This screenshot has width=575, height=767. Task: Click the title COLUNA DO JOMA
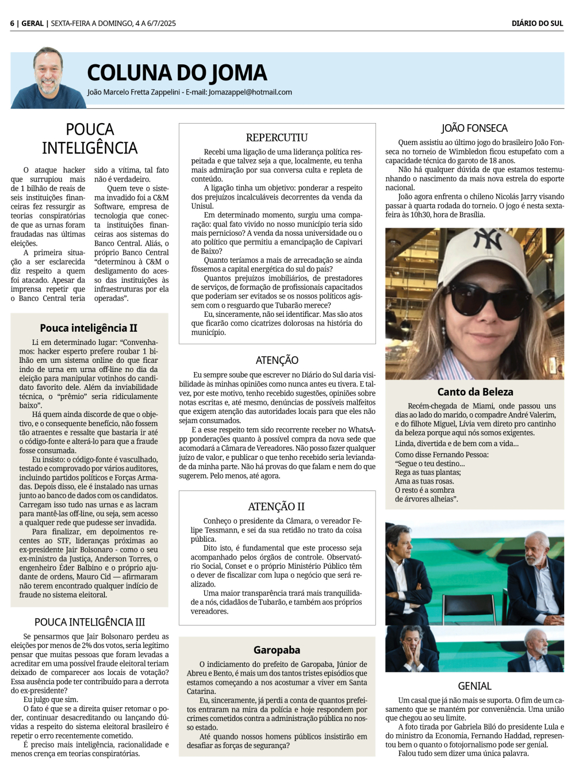(x=177, y=73)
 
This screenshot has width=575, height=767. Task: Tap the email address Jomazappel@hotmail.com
(x=250, y=92)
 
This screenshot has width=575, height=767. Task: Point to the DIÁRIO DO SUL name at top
(x=537, y=24)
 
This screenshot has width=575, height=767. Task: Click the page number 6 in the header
(x=12, y=24)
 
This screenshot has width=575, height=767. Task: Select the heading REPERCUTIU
(x=277, y=137)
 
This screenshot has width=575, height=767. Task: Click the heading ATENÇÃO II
(x=277, y=507)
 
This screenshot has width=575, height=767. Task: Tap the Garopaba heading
(x=277, y=650)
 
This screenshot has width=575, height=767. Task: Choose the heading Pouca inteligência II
(x=89, y=328)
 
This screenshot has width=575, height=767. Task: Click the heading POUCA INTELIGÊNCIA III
(x=90, y=622)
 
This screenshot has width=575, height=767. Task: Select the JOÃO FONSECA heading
(x=474, y=128)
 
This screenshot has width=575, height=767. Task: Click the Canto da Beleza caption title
(x=475, y=392)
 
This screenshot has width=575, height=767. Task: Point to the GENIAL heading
(x=474, y=686)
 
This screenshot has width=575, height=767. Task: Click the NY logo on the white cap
(x=488, y=240)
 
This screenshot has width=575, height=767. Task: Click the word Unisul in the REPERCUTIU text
(x=202, y=206)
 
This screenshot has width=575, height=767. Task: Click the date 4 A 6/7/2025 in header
(x=155, y=24)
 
